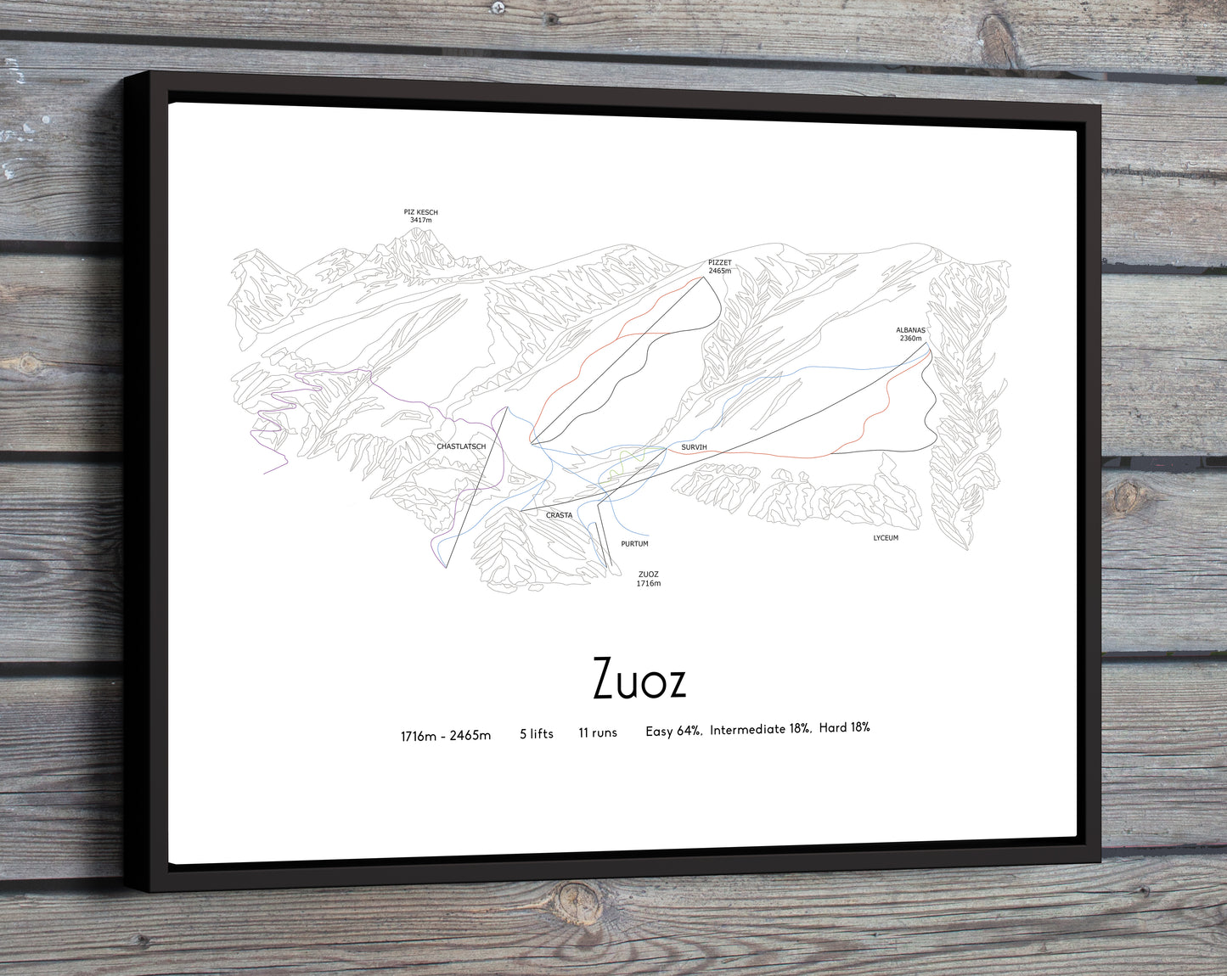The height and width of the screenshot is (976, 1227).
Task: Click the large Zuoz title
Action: [639, 679]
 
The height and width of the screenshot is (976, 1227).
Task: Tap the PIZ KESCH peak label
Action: [420, 212]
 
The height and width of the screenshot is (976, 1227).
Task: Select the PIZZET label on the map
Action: [719, 263]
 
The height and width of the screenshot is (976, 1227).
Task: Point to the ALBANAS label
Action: [910, 330]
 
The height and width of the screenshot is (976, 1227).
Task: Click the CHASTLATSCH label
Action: [461, 446]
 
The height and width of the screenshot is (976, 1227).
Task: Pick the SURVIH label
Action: [694, 446]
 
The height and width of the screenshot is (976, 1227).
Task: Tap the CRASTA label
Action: [559, 515]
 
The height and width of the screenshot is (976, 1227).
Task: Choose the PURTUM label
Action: [634, 544]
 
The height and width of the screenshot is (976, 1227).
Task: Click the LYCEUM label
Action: [886, 538]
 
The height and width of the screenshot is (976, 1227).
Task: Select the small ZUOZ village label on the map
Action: [648, 575]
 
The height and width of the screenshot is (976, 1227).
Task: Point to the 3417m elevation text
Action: [420, 221]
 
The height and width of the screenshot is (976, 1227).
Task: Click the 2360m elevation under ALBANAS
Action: [910, 339]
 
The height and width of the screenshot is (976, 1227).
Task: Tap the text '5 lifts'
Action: [537, 734]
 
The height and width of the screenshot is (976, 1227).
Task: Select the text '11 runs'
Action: [598, 732]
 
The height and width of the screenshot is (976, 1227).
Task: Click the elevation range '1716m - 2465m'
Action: [446, 736]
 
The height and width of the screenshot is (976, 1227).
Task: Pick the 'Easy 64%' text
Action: [673, 731]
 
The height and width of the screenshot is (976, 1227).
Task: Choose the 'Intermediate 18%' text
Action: [760, 729]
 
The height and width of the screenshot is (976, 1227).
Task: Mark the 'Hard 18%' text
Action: [844, 727]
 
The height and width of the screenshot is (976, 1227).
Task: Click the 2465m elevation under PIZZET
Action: [719, 272]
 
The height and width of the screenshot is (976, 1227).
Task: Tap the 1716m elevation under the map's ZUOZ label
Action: [648, 584]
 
